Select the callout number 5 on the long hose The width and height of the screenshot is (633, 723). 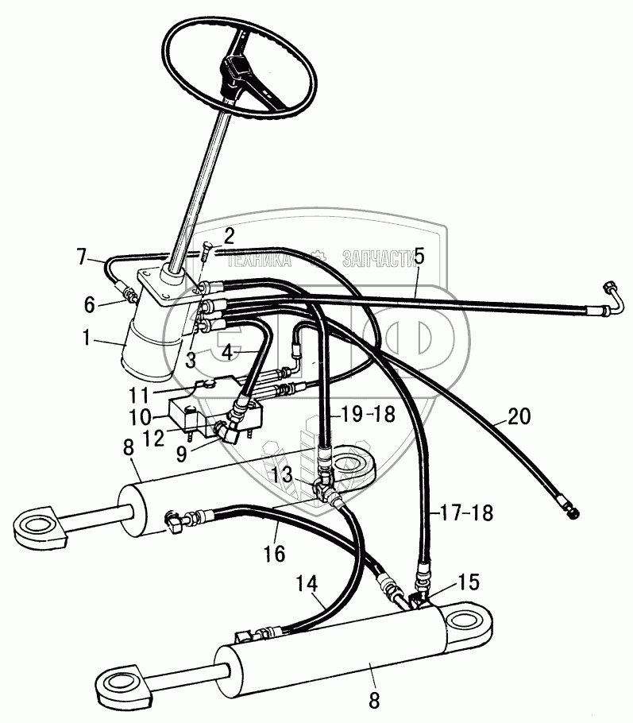(x=419, y=257)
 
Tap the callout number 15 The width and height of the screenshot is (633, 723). (x=468, y=582)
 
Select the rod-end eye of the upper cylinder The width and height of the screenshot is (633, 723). (x=35, y=525)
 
